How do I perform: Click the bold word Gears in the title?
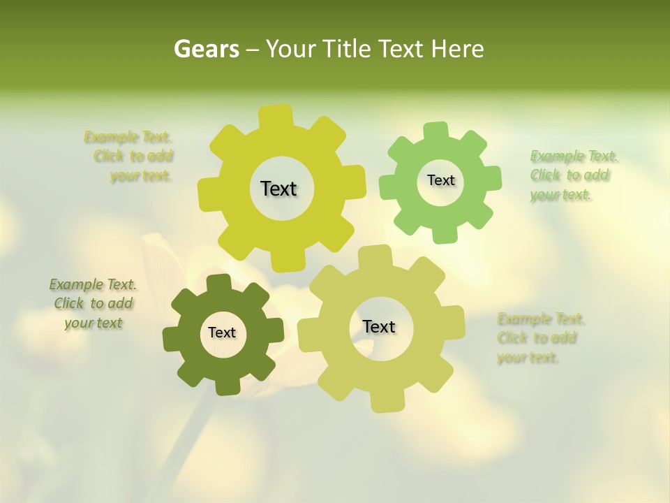tap(206, 49)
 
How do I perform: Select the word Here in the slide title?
tap(458, 49)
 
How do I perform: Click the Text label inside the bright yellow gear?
tap(278, 189)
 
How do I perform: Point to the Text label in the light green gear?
tap(440, 180)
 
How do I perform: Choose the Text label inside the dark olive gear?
tap(222, 333)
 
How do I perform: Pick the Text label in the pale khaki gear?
tap(379, 326)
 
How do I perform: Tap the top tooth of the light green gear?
tap(435, 131)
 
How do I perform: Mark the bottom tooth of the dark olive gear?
tap(227, 386)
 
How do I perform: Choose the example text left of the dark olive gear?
tap(93, 303)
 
